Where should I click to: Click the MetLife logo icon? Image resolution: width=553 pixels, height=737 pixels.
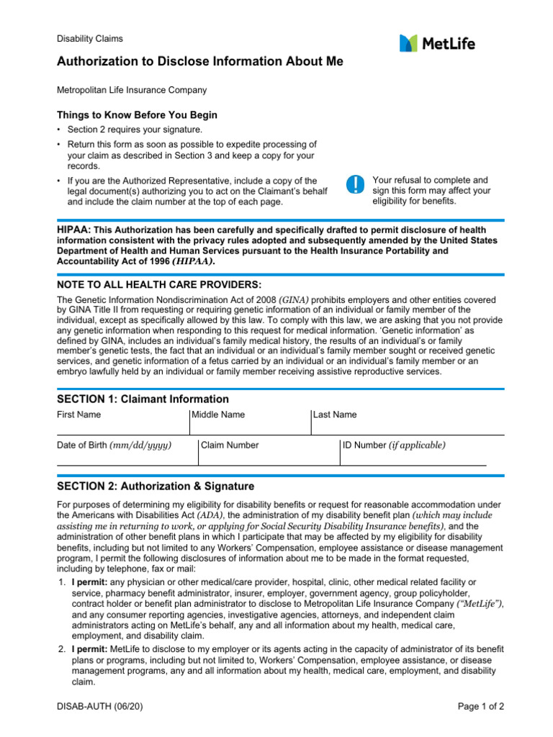coord(408,43)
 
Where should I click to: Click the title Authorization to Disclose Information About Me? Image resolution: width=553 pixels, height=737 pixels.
coord(200,62)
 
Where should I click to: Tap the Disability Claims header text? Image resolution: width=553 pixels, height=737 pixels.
coord(90,39)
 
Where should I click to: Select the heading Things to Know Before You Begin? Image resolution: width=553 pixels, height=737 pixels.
coord(137,115)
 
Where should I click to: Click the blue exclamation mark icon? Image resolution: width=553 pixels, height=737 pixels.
coord(356,184)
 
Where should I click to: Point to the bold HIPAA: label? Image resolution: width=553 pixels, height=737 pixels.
coord(74,228)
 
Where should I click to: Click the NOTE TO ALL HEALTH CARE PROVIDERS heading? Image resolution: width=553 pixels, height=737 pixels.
coord(159,284)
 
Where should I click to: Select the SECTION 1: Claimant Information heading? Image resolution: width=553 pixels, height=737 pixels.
coord(143,399)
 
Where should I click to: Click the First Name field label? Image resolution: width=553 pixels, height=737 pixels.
coord(79,415)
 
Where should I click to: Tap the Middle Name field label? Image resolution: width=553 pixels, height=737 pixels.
coord(218,415)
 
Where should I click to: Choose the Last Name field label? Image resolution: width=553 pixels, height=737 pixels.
coord(335,415)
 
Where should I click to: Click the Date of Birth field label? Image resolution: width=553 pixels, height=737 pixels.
coord(114,446)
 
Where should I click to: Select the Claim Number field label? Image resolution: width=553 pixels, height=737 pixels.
coord(230,446)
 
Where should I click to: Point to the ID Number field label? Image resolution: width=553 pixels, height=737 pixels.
coord(394,446)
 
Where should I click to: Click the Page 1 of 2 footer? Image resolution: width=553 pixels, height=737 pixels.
coord(481,707)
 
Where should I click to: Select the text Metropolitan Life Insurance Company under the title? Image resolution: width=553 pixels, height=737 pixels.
coord(132,91)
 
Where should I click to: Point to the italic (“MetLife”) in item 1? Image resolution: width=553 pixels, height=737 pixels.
coord(480,602)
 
